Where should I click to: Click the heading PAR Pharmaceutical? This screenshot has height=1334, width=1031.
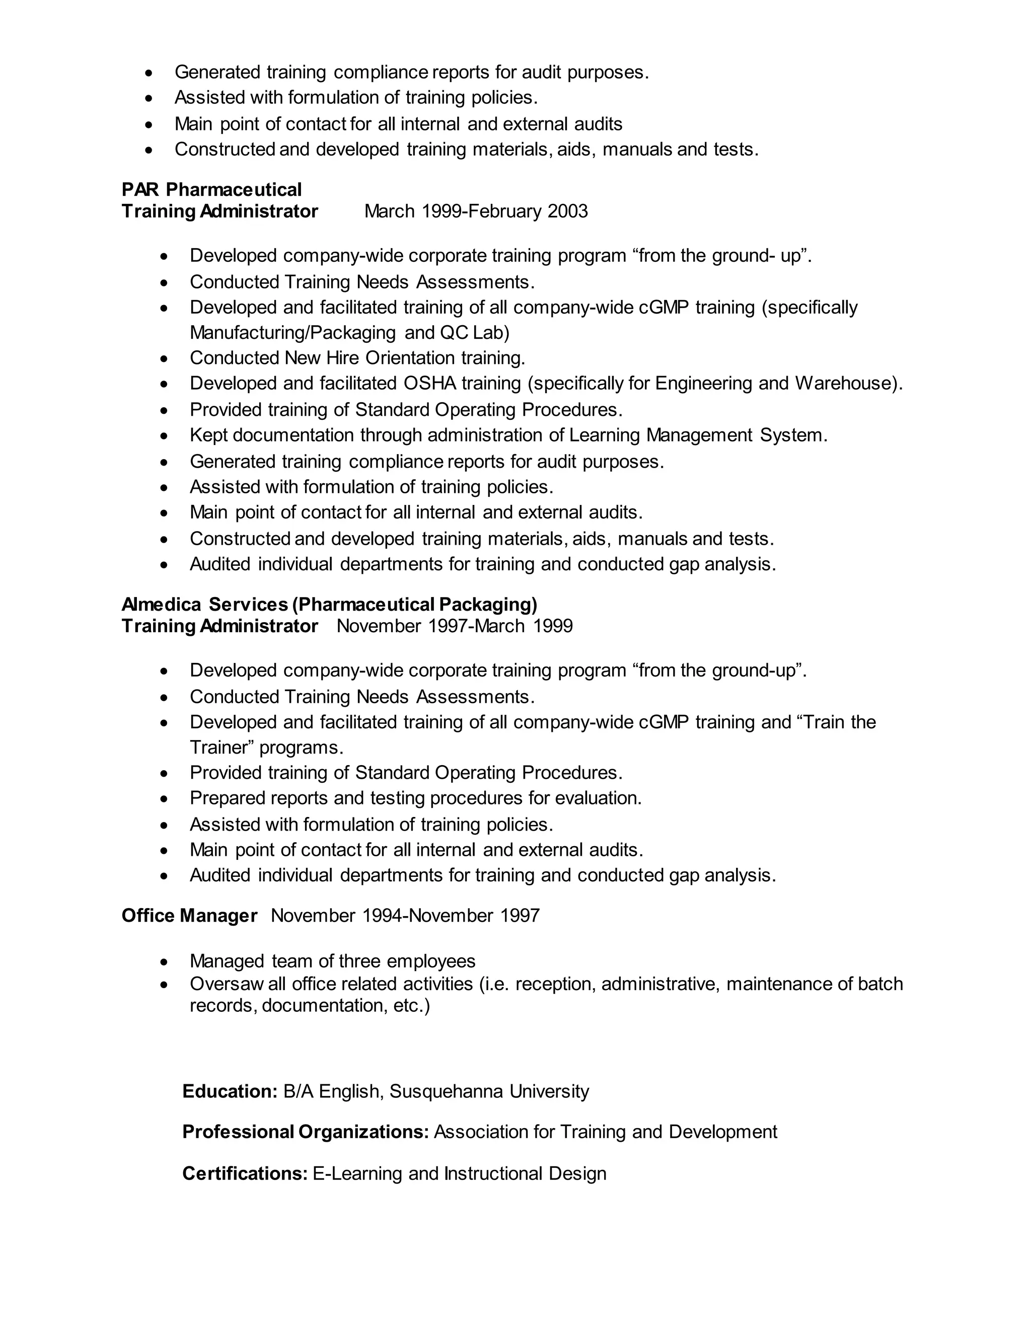pos(211,189)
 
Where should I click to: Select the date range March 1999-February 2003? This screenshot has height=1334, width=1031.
pos(476,211)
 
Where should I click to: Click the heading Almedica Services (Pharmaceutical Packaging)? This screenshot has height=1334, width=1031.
pos(329,604)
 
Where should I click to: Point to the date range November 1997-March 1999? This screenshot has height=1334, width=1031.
pos(455,626)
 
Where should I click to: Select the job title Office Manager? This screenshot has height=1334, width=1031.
pos(189,916)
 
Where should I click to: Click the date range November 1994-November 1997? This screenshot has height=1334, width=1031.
pos(405,916)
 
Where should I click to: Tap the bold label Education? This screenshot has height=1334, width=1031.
pos(230,1091)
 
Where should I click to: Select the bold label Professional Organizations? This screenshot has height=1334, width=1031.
pos(306,1132)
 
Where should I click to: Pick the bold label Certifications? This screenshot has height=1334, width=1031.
pos(244,1173)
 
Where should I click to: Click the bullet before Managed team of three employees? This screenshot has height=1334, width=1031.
pos(164,962)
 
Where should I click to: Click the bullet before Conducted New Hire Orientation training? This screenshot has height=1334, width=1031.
pos(164,358)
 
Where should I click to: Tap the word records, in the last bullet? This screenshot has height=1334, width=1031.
pos(223,1005)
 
